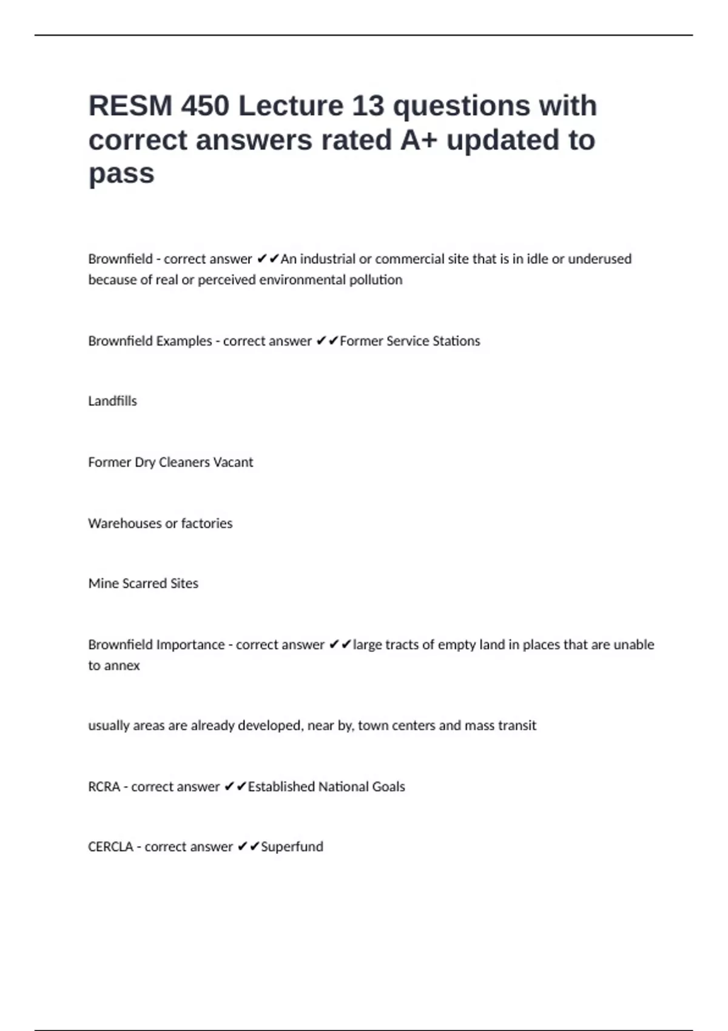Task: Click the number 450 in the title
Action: (x=204, y=106)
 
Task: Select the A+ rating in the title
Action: (x=419, y=140)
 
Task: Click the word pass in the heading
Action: (x=121, y=174)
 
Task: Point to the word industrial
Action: (x=328, y=259)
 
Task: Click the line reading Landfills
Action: (x=112, y=401)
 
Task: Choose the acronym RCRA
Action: (x=104, y=787)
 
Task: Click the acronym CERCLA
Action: (x=110, y=847)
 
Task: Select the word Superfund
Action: (x=292, y=847)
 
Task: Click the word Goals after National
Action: (x=388, y=787)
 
